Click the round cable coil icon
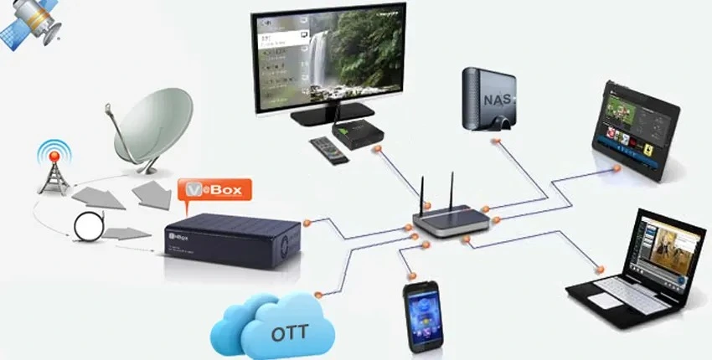(x=88, y=224)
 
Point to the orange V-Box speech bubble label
(x=214, y=191)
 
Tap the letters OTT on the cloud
(x=289, y=333)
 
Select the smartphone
(x=421, y=316)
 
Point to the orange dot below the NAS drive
(x=496, y=141)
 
